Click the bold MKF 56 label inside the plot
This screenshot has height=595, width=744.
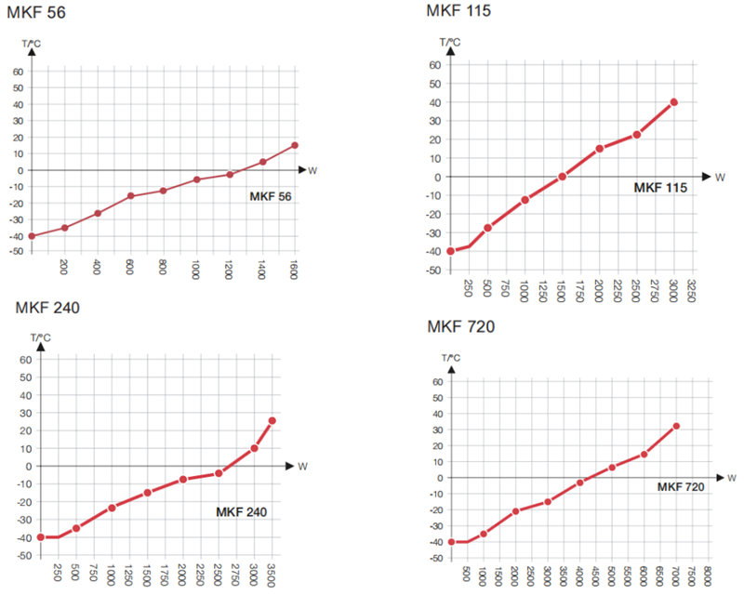click(x=271, y=196)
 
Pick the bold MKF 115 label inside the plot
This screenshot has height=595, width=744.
click(x=660, y=188)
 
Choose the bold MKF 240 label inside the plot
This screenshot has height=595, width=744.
click(x=241, y=511)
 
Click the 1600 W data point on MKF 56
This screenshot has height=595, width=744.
click(x=295, y=145)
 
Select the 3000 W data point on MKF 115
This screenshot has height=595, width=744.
click(x=673, y=102)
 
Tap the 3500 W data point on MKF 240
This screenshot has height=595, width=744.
click(x=272, y=420)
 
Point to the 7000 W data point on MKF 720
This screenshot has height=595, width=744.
click(x=676, y=426)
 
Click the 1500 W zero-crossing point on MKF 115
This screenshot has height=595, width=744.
click(x=562, y=177)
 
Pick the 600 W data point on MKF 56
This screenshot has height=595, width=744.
click(x=130, y=196)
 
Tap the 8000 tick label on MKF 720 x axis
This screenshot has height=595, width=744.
click(x=709, y=575)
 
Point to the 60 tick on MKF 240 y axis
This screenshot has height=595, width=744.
click(x=27, y=359)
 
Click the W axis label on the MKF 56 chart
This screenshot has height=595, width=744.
click(x=312, y=170)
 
